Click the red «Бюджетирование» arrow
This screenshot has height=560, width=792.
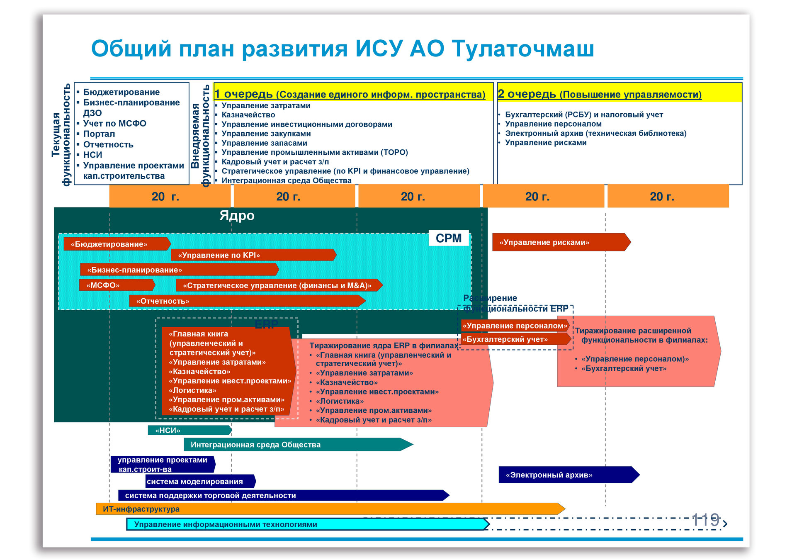(117, 244)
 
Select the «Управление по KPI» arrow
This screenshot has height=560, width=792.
(253, 255)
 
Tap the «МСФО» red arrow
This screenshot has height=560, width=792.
(117, 285)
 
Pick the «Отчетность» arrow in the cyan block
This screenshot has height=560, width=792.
(246, 301)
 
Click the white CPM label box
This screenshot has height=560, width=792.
(448, 238)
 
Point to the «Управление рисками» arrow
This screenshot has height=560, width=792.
(560, 242)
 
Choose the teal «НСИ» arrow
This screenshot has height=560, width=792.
(189, 430)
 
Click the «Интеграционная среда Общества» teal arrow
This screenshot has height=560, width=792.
(297, 444)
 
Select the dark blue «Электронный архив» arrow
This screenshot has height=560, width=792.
(568, 475)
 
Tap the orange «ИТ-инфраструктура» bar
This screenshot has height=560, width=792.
(330, 509)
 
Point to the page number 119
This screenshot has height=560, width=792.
(705, 519)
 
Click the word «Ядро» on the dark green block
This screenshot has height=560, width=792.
(237, 216)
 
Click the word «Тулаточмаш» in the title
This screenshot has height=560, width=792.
(522, 49)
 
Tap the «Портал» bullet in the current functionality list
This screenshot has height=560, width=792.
(99, 134)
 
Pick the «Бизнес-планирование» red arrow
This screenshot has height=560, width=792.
(179, 270)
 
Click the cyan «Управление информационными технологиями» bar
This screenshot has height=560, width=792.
(307, 524)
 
